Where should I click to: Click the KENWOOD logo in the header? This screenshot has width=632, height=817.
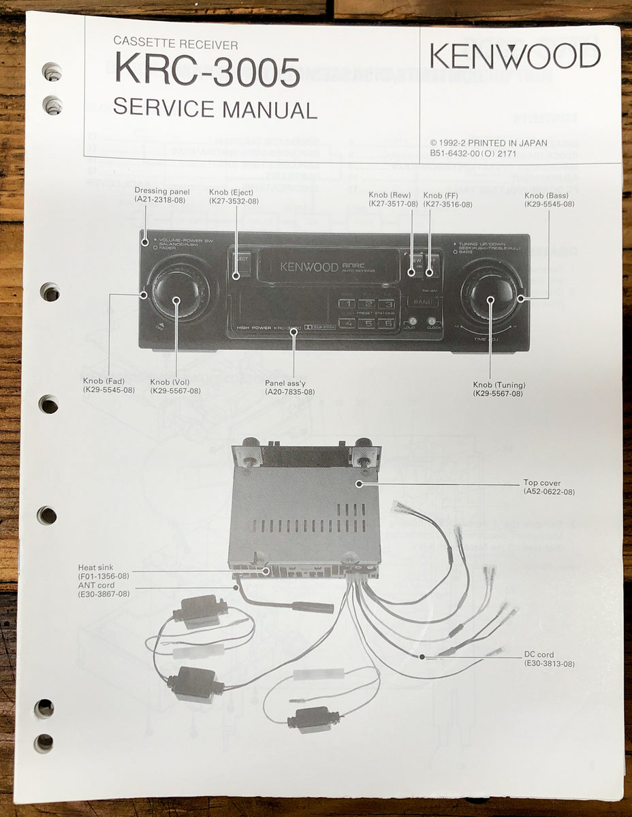(x=515, y=56)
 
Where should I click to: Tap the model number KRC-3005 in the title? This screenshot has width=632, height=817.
(x=206, y=71)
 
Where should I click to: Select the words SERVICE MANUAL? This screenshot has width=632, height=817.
(x=215, y=109)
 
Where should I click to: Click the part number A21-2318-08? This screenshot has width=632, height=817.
(x=162, y=201)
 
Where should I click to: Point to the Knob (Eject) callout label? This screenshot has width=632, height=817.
(x=232, y=191)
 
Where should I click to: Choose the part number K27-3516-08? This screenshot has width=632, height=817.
(x=447, y=204)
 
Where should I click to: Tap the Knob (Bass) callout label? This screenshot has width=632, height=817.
(x=549, y=195)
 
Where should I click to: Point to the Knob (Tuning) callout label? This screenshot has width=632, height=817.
(x=499, y=385)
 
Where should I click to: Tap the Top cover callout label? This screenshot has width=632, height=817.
(x=541, y=483)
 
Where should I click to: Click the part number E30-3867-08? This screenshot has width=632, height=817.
(x=104, y=594)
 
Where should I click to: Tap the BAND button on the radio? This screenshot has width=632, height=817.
(x=422, y=300)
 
